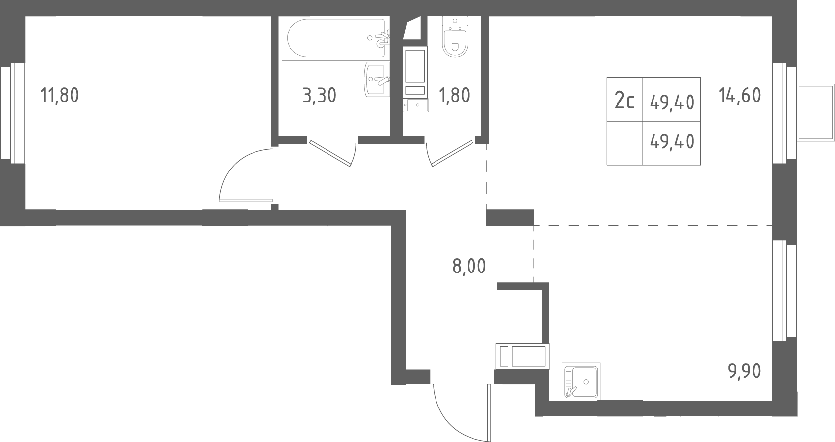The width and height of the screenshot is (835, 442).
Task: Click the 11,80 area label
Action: click(60, 95)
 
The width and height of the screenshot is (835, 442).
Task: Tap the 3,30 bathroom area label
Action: click(320, 95)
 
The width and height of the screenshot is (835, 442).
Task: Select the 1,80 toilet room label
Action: click(454, 95)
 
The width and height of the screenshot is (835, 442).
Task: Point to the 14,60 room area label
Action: click(740, 95)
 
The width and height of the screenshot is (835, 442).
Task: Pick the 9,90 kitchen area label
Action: click(744, 371)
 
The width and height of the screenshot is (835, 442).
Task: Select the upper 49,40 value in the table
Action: click(672, 102)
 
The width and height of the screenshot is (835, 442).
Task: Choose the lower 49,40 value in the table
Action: click(672, 141)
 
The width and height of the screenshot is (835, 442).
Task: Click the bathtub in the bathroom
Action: click(333, 38)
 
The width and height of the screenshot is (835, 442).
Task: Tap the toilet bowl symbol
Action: click(455, 36)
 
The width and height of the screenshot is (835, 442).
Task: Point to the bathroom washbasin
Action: click(377, 79)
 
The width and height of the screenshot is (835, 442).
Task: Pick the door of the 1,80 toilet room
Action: click(450, 153)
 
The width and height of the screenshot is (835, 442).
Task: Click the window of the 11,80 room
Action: click(13, 113)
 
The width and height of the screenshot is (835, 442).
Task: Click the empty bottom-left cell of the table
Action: click(624, 143)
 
